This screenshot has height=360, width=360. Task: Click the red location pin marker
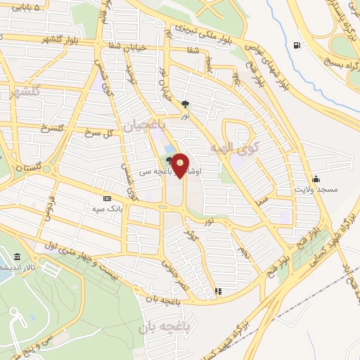coord(181,165)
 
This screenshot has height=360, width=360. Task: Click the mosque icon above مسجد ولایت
coord(316,178)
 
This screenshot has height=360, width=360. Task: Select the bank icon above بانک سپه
coord(106,199)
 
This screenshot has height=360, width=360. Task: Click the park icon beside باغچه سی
coord(169,160)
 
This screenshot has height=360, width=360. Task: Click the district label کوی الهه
coord(235,148)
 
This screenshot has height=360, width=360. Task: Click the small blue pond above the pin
coord(169,150)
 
